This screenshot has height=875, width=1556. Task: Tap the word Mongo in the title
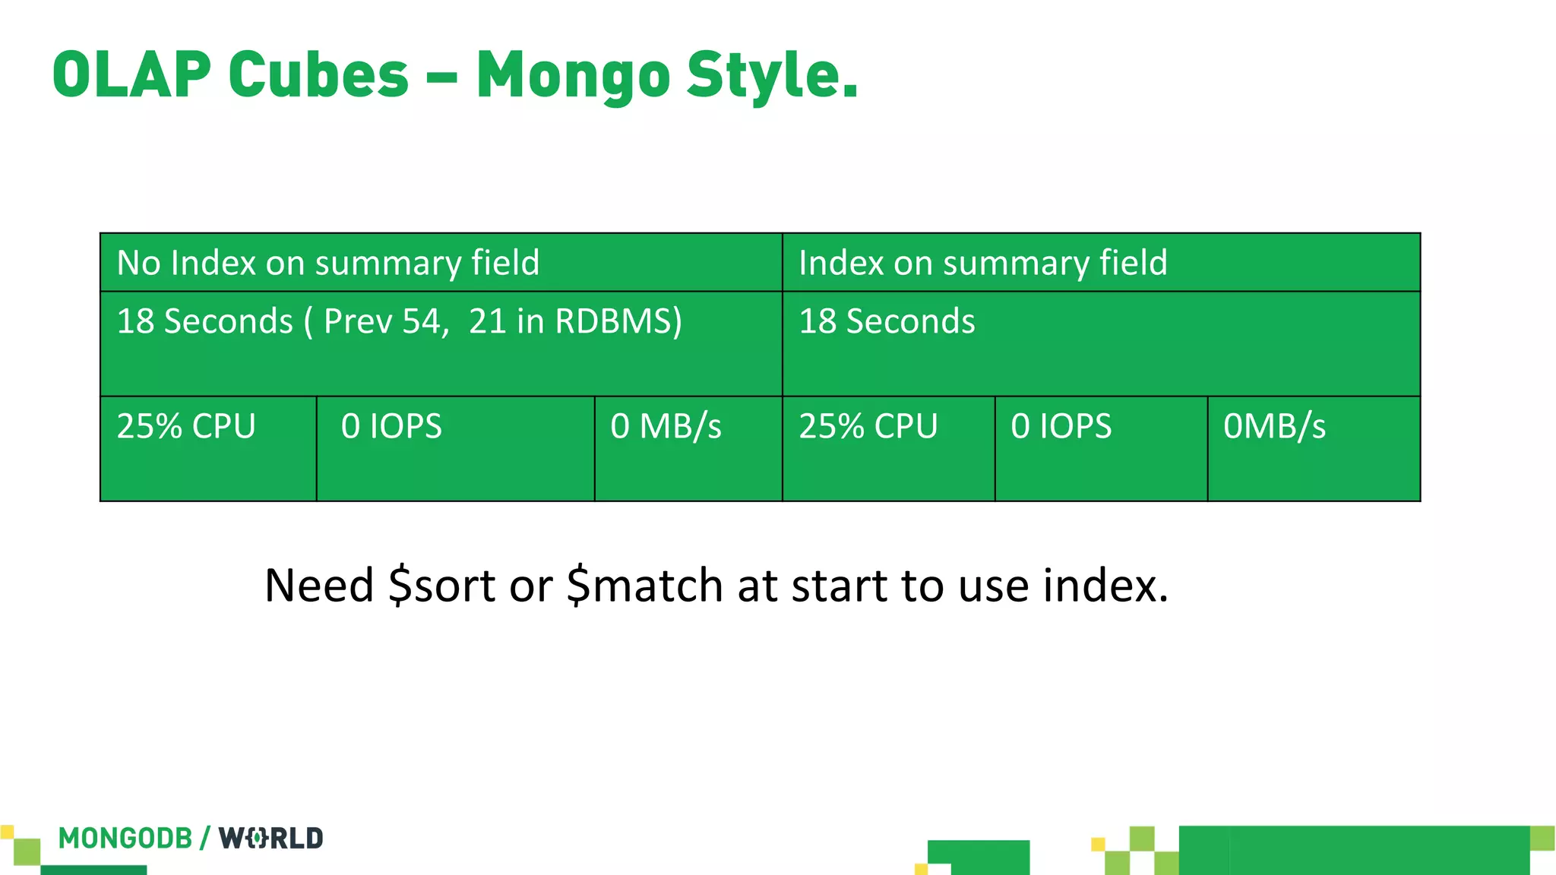coord(574,76)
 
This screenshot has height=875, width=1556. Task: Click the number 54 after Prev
coord(422,321)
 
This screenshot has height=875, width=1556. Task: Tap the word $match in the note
coord(645,586)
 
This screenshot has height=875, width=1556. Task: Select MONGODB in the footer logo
coord(125,839)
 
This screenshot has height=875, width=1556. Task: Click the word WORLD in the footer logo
coord(271,839)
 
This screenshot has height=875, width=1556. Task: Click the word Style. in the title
coord(772,76)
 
